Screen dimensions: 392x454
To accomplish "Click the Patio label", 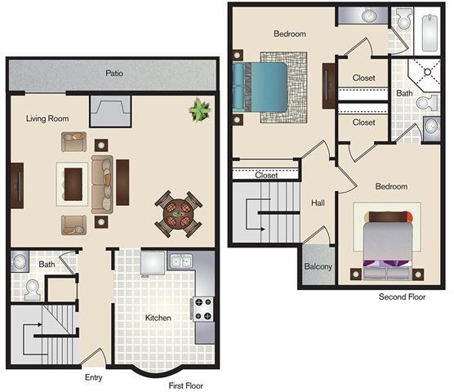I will tap(114, 73).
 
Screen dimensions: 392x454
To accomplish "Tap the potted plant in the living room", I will tap(198, 109).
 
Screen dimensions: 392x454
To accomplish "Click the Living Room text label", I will tap(47, 118).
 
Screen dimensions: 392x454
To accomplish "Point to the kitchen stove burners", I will tap(202, 308).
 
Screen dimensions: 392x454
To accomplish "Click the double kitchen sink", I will tap(180, 262).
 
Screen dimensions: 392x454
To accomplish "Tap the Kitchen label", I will tap(158, 317).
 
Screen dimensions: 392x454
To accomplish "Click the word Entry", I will tap(94, 377).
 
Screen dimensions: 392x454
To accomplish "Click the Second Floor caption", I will tap(402, 297).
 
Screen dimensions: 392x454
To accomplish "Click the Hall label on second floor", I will tap(318, 202).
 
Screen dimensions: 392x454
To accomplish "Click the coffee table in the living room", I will tap(73, 181).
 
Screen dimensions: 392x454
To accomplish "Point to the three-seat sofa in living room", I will tap(102, 181).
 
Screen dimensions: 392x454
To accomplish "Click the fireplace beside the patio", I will tap(110, 108).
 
